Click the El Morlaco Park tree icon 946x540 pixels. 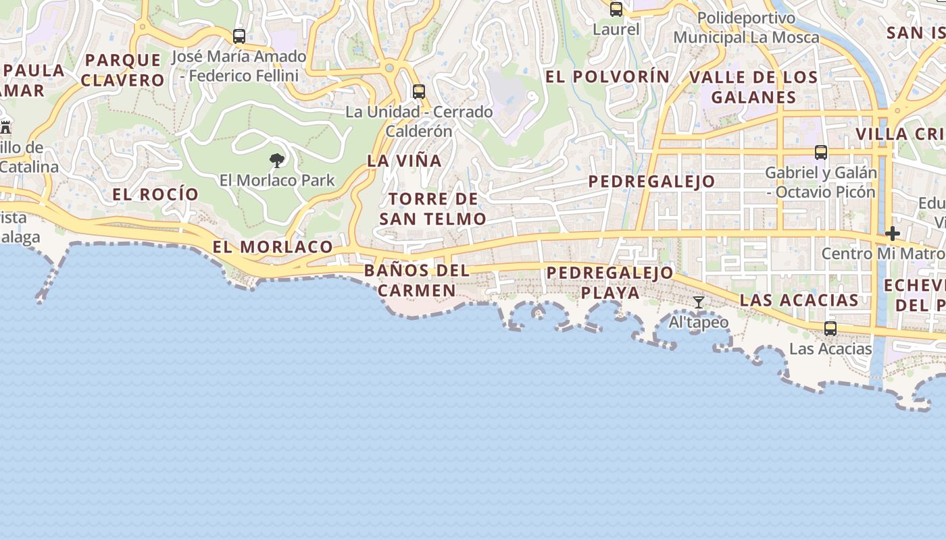[276, 161]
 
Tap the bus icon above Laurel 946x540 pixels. [616, 9]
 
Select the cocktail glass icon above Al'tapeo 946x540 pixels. [699, 302]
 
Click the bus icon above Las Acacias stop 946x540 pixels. [830, 329]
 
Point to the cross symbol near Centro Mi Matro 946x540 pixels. [893, 234]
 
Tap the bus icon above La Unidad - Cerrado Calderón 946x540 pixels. [419, 92]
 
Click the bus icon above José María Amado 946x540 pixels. [239, 36]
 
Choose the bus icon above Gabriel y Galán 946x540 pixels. [821, 153]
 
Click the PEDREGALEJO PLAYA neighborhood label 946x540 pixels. [610, 283]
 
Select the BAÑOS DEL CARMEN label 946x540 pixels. [416, 281]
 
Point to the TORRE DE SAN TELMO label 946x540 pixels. [432, 209]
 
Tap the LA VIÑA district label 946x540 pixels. [404, 161]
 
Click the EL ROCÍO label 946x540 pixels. [155, 194]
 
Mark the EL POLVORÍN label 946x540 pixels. [607, 77]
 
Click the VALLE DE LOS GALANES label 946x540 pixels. [753, 87]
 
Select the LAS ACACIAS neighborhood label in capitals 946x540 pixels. [799, 300]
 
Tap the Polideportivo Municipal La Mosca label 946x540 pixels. [746, 28]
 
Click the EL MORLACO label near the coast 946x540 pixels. [272, 247]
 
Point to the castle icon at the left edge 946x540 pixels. [5, 126]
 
